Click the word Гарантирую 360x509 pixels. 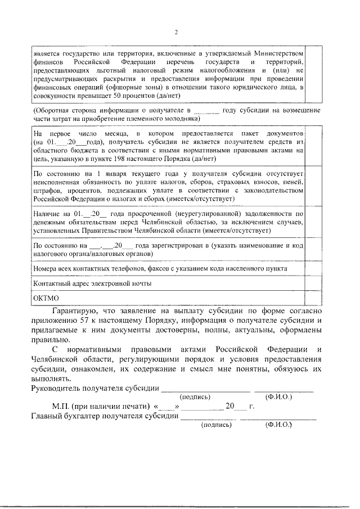(76, 310)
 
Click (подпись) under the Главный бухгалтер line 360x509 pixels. (217, 425)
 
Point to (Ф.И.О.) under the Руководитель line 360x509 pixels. (280, 396)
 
